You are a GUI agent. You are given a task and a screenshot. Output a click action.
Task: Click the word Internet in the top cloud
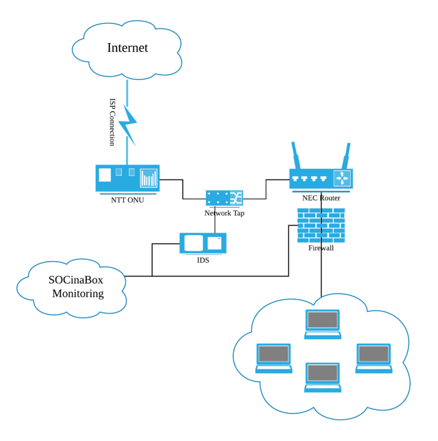pos(127,48)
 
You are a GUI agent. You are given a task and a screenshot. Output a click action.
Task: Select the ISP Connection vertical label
pos(113,121)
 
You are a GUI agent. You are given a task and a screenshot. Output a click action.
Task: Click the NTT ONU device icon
pos(127,178)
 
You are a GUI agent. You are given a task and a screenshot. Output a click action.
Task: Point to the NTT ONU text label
pos(127,200)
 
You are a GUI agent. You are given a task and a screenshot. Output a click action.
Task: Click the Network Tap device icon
pos(224,198)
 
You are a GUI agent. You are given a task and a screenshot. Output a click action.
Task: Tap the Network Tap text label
pos(224,213)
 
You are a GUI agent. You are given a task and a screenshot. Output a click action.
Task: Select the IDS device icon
pos(203,243)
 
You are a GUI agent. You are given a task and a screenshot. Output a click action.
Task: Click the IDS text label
pos(203,260)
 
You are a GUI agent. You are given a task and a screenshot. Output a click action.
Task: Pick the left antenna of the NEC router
pos(296,155)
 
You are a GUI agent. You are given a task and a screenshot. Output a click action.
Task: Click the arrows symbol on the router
pos(342,178)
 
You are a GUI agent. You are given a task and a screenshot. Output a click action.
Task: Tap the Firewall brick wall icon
pos(321,226)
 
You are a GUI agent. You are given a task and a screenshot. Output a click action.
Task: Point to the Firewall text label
pos(321,248)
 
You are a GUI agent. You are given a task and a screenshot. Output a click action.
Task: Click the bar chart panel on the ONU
pos(149,178)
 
